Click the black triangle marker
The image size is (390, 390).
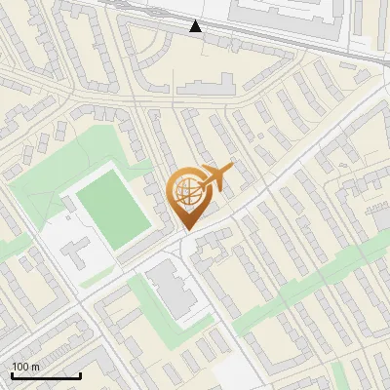click(x=196, y=26)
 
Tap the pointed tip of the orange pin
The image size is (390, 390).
click(x=185, y=230)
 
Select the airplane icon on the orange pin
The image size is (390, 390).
click(x=216, y=177)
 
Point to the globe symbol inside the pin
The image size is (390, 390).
click(x=185, y=192)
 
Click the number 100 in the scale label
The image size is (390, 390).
click(x=20, y=367)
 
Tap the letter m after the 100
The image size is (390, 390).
click(x=35, y=367)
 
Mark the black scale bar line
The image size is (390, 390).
click(x=45, y=375)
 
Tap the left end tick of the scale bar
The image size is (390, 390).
click(x=12, y=374)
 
